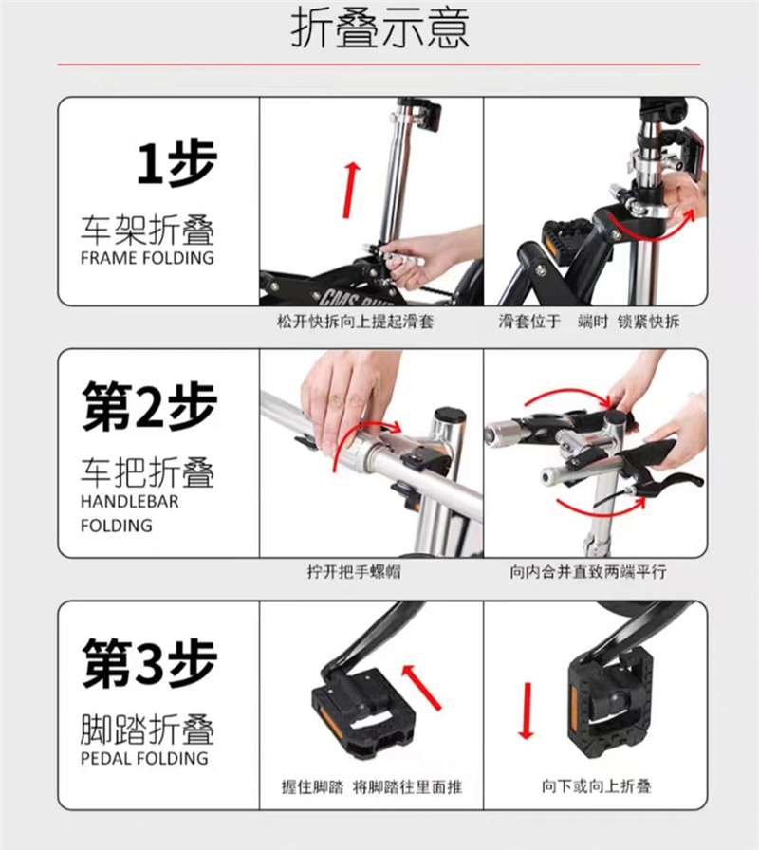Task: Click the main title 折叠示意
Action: pos(379,28)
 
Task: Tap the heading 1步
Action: pos(176,163)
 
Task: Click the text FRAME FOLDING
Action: pos(147,257)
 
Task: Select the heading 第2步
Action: pos(150,406)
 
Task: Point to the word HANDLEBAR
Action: pos(130,502)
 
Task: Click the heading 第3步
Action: pos(150,662)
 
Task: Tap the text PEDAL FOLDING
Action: pos(144,758)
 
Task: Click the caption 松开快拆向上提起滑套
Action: pos(355,322)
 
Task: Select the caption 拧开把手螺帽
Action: pos(354,571)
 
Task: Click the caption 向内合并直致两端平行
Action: pos(588,571)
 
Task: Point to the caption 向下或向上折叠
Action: pos(596,786)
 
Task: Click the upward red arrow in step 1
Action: pos(352,190)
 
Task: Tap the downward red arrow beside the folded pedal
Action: pos(526,711)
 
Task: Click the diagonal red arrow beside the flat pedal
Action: pos(422,687)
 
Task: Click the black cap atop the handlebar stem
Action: pos(450,416)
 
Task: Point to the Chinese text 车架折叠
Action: pos(147,230)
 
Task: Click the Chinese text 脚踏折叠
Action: pos(147,730)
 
